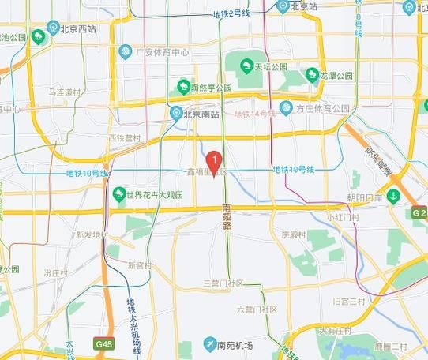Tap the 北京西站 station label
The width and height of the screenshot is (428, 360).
[x=77, y=29]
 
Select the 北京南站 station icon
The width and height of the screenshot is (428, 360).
[x=178, y=114]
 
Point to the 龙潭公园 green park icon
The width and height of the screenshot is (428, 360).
[x=312, y=77]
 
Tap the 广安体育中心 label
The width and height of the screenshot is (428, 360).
[x=162, y=52]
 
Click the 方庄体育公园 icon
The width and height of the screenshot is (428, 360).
[x=286, y=107]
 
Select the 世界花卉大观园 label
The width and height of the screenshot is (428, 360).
[x=148, y=194]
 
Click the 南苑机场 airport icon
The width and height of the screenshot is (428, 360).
[x=210, y=343]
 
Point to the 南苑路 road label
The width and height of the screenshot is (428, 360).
[x=227, y=216]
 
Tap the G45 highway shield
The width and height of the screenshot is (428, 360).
[x=103, y=344]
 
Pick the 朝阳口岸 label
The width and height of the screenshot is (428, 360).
[x=365, y=196]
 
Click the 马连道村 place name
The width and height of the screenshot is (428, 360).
[x=65, y=92]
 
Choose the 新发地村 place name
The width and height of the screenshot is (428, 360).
[x=92, y=234]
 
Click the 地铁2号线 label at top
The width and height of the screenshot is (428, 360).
[x=228, y=13]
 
